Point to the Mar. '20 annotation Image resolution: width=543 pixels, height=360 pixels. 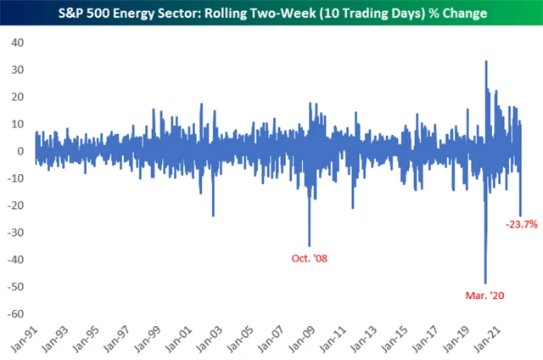click(482, 295)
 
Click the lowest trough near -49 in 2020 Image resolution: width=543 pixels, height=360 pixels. click(485, 284)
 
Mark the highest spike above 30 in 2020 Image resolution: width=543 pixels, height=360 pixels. click(486, 61)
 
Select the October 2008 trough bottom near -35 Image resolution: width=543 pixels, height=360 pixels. click(309, 246)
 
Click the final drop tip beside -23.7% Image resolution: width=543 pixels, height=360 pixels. click(520, 215)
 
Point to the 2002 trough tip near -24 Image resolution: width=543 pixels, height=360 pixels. click(213, 216)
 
